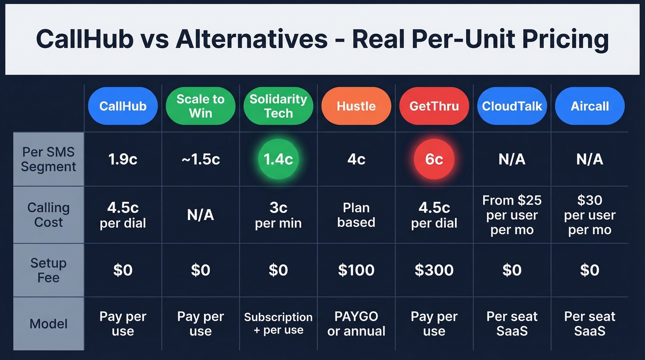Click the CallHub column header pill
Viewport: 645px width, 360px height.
coord(123,106)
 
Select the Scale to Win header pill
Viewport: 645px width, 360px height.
coord(200,106)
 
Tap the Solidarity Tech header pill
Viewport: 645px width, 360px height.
coord(278,106)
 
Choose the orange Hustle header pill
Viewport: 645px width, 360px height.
coord(356,106)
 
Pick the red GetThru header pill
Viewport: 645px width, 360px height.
coord(434,106)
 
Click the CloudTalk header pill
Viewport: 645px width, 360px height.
coord(512,106)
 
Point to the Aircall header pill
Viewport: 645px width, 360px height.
coord(590,106)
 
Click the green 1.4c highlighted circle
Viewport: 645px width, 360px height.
coord(278,159)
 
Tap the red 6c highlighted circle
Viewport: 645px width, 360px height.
coord(434,159)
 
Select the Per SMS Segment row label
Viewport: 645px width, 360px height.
coord(48,159)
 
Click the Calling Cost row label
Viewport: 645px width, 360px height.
coord(48,215)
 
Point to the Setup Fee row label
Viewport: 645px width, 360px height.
coord(48,270)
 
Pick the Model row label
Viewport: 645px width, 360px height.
coord(48,324)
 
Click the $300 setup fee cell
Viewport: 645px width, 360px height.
coord(434,270)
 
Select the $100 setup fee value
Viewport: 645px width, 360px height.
coord(356,270)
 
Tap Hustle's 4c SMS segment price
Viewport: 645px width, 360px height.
coord(356,159)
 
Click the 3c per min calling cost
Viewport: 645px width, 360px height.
coord(278,215)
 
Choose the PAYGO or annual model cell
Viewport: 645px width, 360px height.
coord(356,324)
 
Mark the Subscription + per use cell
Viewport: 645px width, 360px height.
coord(278,324)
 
